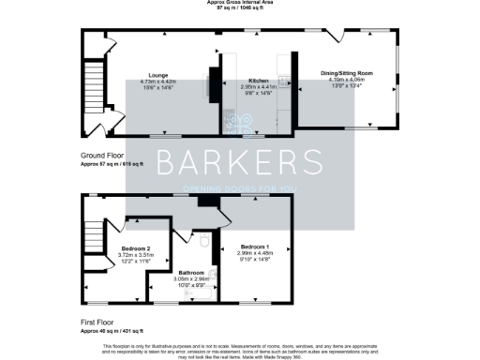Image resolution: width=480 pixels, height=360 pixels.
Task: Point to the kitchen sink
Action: (227, 119)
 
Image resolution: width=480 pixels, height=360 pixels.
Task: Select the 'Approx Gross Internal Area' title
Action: (240, 3)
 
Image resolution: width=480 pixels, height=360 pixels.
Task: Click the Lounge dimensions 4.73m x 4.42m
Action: (157, 82)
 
